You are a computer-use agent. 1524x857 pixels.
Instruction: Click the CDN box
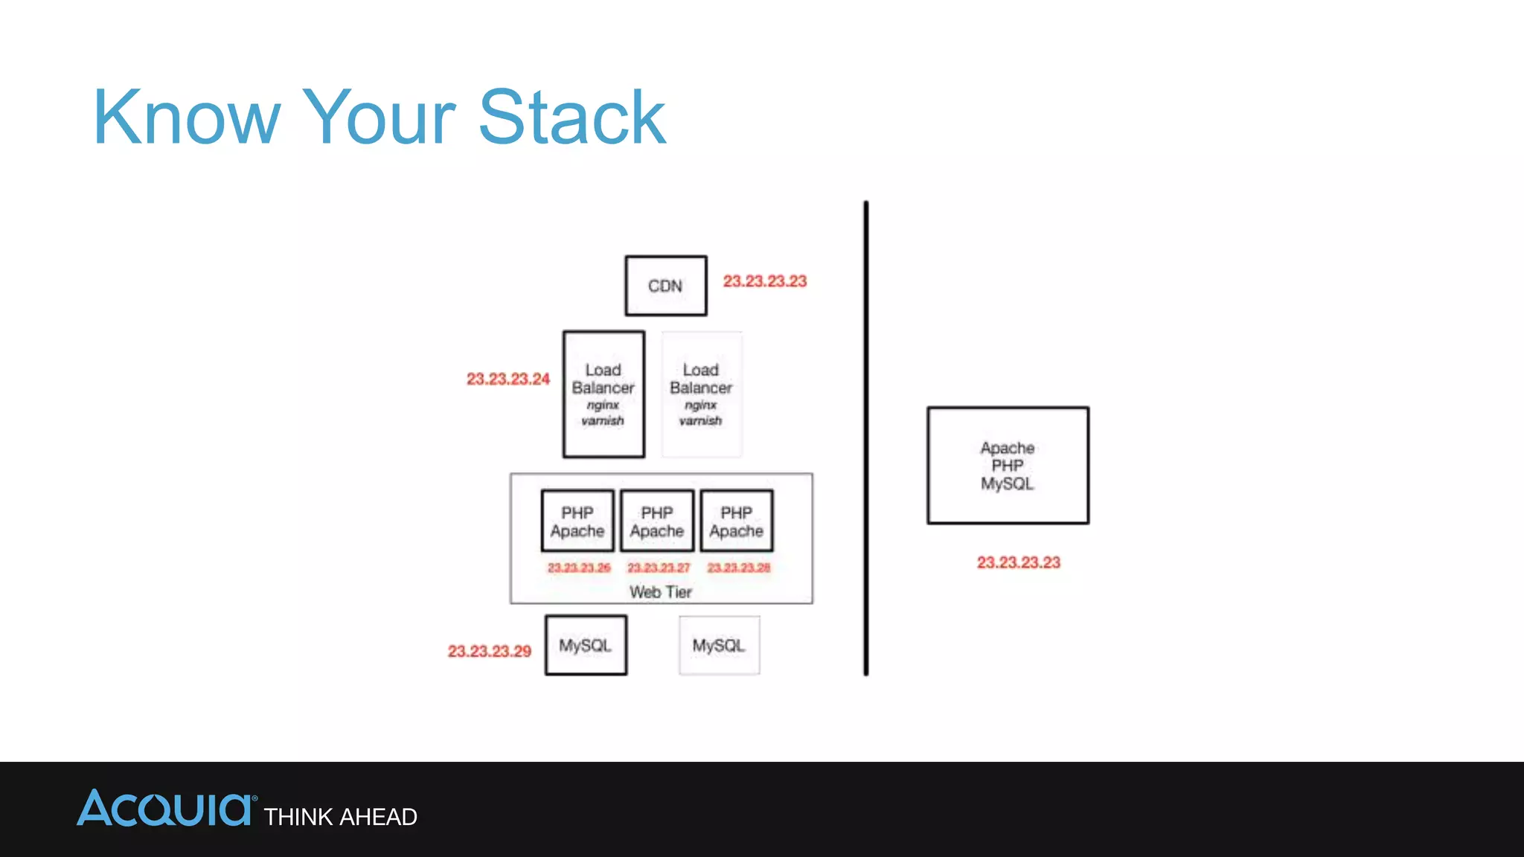(665, 286)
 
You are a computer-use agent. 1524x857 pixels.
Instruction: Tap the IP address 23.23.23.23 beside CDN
(764, 281)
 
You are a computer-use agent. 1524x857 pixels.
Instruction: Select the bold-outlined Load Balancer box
(603, 394)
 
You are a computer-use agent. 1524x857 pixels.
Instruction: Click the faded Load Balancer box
(701, 394)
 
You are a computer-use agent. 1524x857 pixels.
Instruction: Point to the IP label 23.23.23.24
(508, 379)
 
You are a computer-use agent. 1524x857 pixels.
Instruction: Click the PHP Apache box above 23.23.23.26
(577, 521)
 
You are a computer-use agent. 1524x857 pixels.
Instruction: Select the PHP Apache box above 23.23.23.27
(657, 521)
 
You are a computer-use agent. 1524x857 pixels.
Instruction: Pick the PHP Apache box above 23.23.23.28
(737, 521)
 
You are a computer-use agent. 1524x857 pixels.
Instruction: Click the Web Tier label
(661, 592)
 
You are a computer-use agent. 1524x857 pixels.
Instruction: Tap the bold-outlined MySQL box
(586, 645)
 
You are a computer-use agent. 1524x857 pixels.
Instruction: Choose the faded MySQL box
(719, 645)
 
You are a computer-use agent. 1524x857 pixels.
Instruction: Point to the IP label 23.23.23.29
(489, 651)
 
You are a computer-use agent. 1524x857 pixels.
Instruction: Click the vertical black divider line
(866, 439)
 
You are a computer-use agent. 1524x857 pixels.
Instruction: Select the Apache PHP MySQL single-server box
(1008, 466)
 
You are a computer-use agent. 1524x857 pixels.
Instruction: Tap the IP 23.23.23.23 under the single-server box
(1018, 562)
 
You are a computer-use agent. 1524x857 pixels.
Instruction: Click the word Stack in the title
(571, 118)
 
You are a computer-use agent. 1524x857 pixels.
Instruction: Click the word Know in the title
(186, 118)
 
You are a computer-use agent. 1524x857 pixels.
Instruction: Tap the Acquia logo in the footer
(165, 809)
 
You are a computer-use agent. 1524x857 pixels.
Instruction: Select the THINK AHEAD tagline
(340, 817)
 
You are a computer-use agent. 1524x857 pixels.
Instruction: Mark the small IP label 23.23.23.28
(738, 568)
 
